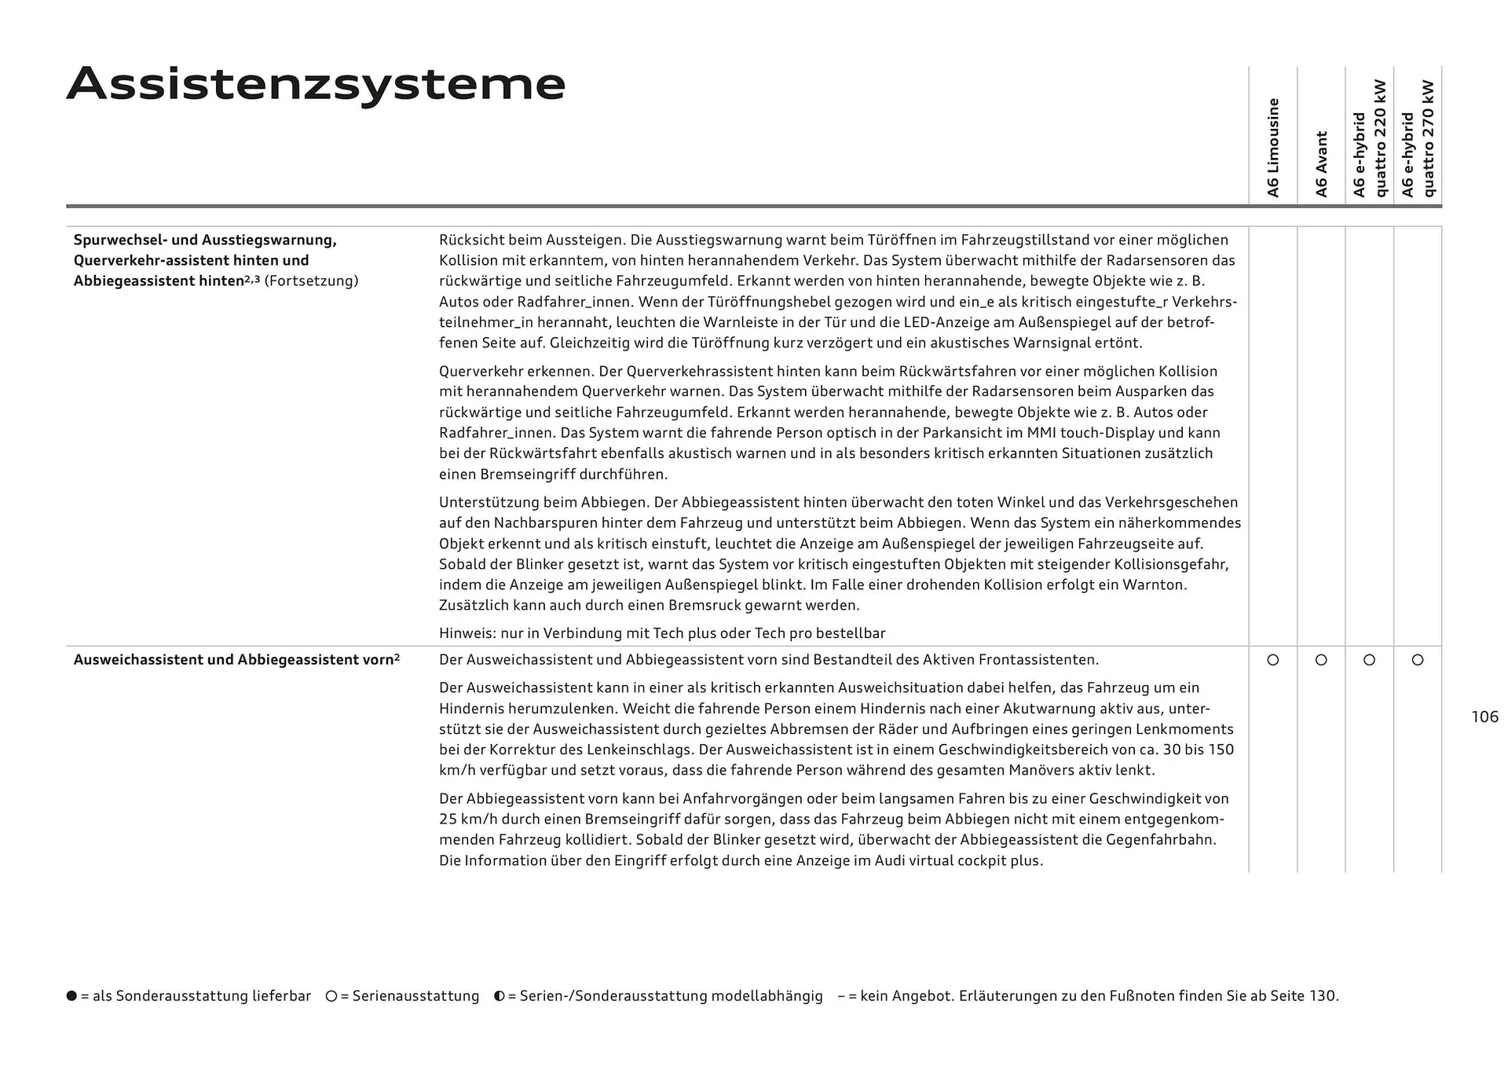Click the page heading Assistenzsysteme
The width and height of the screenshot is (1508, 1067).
316,84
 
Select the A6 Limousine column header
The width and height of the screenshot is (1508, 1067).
1273,148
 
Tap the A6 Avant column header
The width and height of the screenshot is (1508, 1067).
1321,163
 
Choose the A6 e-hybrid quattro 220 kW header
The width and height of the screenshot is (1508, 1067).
1369,138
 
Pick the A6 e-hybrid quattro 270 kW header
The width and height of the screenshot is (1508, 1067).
1418,138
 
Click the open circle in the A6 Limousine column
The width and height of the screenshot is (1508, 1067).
1273,660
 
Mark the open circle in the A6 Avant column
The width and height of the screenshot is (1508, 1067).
1321,660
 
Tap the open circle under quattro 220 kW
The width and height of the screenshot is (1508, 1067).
1369,660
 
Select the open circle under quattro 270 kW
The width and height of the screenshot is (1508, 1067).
1418,660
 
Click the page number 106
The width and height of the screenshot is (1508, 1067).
1484,717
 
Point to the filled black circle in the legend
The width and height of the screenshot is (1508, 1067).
72,995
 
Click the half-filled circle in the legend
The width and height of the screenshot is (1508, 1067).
500,995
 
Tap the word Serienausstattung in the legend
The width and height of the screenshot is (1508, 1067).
415,995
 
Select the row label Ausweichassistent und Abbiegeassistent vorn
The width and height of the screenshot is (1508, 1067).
236,660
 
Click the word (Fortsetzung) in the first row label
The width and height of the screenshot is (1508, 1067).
311,280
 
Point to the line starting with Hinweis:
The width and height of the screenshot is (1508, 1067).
661,633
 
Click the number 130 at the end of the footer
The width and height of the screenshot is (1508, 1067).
1322,995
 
